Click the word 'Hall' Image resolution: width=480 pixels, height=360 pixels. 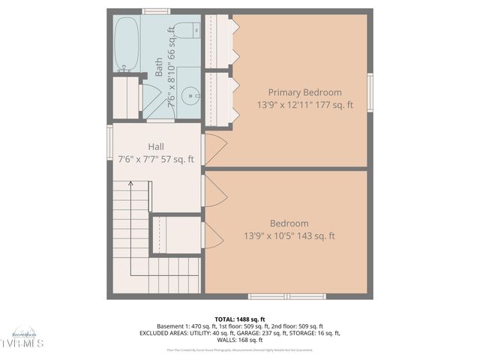click(x=156, y=146)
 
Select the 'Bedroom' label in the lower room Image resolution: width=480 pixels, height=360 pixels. click(x=289, y=223)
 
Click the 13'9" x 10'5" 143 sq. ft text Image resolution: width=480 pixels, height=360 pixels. click(x=289, y=236)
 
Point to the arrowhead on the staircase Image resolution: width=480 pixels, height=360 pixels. click(x=130, y=183)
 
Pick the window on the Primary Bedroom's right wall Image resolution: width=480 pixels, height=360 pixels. click(x=370, y=93)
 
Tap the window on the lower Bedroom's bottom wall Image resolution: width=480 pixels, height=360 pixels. click(x=287, y=296)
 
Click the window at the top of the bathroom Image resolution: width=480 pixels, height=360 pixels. click(x=156, y=11)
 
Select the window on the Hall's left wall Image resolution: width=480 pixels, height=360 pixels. click(x=109, y=147)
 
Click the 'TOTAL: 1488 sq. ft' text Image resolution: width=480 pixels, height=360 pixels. click(x=240, y=319)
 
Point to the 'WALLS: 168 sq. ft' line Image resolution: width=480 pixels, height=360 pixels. click(x=240, y=340)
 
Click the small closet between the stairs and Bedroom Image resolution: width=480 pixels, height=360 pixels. click(x=177, y=235)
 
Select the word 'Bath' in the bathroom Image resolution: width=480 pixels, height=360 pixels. click(x=159, y=70)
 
